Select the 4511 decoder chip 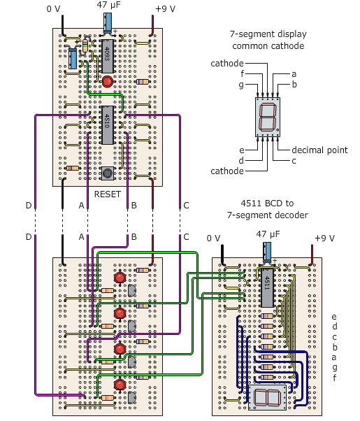(266, 287)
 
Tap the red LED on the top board (108, 82)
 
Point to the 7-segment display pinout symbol (268, 115)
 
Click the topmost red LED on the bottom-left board (120, 278)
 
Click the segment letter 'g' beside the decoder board (334, 367)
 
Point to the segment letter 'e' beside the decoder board (334, 317)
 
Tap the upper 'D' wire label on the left (29, 205)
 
